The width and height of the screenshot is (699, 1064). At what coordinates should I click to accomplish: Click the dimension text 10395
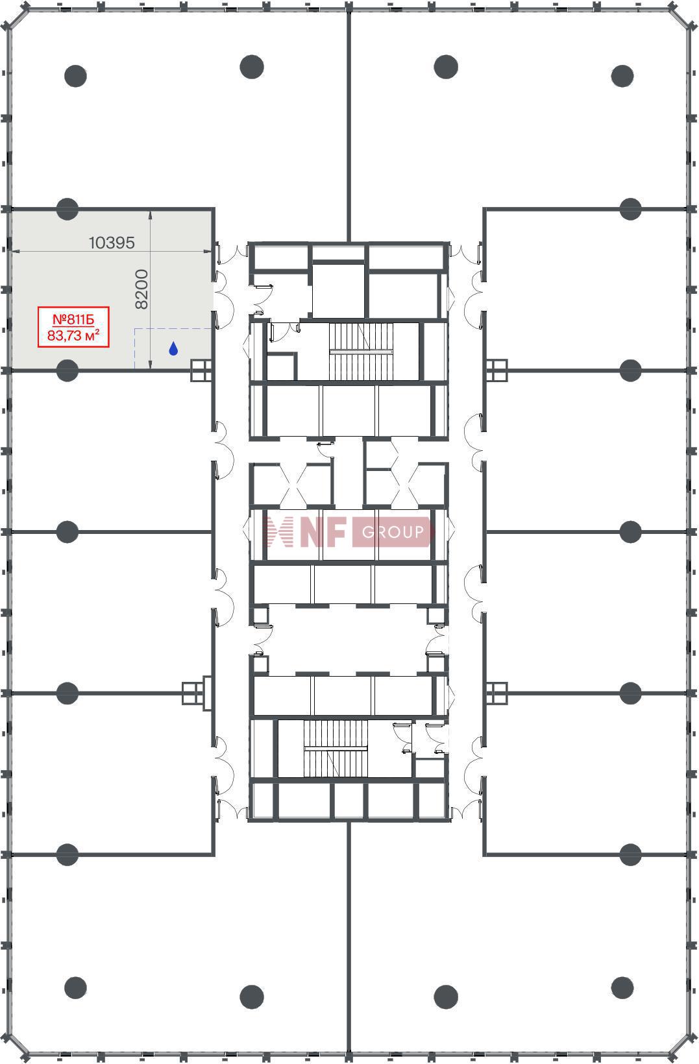112,243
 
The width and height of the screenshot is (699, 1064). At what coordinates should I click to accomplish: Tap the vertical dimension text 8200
141,289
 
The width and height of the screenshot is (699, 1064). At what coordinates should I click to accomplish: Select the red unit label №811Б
73,319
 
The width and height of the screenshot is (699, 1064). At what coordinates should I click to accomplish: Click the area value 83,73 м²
73,335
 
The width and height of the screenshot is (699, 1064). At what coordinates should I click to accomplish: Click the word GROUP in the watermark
393,532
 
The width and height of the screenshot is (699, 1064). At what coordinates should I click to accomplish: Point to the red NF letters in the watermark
323,532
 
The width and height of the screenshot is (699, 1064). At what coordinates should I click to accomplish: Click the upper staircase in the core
361,352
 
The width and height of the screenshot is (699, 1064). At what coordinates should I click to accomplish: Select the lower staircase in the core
336,749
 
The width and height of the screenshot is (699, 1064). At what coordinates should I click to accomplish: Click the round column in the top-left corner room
75,75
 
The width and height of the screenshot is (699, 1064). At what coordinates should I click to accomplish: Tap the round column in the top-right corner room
622,75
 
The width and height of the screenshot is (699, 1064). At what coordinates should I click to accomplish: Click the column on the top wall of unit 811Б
67,209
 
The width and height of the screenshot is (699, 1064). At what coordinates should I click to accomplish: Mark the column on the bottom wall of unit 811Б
67,370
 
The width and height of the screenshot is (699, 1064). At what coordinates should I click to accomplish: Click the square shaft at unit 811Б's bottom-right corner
201,370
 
